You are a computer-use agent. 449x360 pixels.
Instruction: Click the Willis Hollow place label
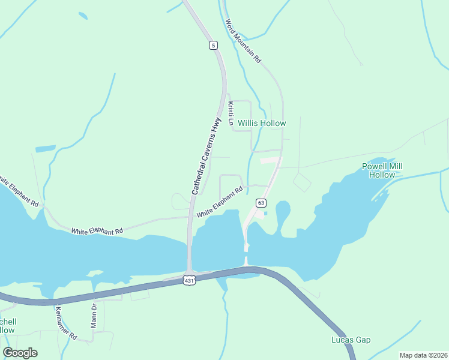(x=262, y=123)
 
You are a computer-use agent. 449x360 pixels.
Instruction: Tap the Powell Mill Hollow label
(x=382, y=170)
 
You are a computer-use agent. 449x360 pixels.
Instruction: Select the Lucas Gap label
(x=351, y=340)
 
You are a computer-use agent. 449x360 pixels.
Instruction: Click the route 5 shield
(x=213, y=45)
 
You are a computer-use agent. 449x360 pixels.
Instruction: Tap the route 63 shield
(x=261, y=203)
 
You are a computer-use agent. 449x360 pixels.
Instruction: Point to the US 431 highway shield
(x=190, y=280)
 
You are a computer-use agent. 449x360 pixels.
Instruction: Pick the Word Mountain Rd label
(x=243, y=41)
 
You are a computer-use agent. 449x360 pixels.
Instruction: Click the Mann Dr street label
(x=94, y=315)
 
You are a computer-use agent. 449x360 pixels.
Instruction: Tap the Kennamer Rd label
(x=66, y=323)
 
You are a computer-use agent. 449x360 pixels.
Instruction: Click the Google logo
(x=20, y=353)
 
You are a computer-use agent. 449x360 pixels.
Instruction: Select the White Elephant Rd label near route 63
(x=220, y=202)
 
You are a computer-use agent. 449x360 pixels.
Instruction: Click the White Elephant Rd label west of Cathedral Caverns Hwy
(x=97, y=230)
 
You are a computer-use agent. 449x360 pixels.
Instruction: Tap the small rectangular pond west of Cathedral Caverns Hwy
(x=45, y=148)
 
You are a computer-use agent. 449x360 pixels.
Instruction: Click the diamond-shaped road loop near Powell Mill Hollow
(x=302, y=181)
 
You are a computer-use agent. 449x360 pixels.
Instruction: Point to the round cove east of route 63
(x=283, y=211)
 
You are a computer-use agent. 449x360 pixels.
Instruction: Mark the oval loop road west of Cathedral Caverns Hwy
(x=180, y=201)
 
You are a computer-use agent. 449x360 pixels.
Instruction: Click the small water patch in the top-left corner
(x=82, y=16)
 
